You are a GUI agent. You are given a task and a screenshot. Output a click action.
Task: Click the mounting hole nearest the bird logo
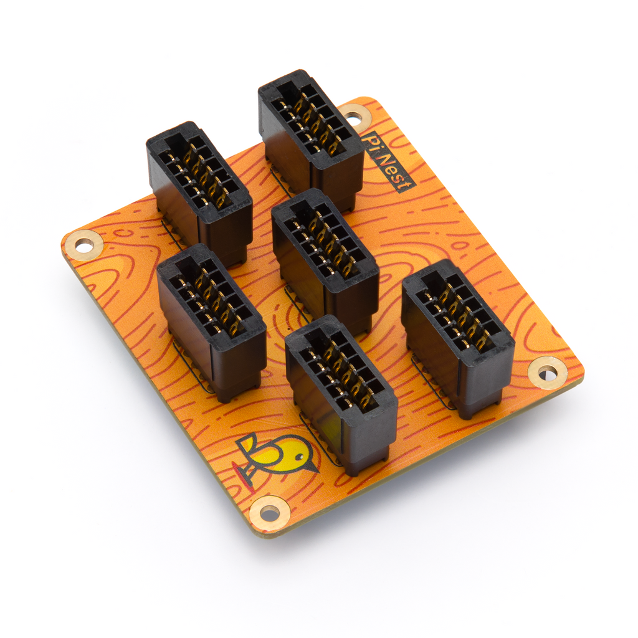click(270, 513)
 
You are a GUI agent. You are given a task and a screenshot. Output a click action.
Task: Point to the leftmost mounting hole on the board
click(83, 244)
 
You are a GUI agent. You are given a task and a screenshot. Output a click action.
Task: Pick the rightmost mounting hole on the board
click(547, 373)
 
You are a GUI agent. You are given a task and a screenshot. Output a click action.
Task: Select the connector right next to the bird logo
click(341, 393)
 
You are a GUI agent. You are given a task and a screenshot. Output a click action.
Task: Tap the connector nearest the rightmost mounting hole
click(458, 336)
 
